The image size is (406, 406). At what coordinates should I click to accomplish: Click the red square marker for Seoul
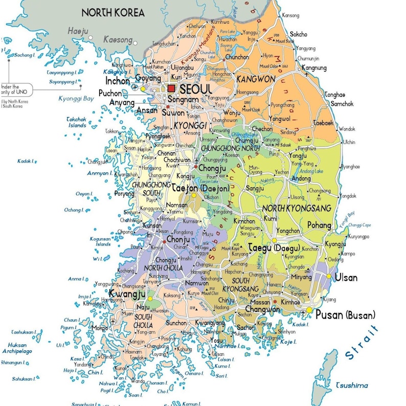tap(171, 88)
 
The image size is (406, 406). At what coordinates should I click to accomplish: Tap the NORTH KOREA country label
tap(113, 12)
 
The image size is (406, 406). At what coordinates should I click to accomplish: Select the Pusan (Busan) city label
tap(345, 314)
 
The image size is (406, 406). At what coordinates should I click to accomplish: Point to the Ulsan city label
tap(346, 278)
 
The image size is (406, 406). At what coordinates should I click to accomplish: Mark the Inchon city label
tap(117, 81)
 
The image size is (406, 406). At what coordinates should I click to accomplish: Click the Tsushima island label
tap(352, 385)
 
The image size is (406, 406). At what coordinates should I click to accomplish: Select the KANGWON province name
tap(256, 79)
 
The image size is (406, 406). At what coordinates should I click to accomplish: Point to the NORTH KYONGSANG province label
tap(297, 209)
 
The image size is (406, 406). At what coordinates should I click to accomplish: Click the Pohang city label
tap(319, 225)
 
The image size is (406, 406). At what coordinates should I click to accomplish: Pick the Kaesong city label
tap(118, 39)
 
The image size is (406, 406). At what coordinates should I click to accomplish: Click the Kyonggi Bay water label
tap(76, 98)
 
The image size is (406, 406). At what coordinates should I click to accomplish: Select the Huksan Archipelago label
tap(18, 348)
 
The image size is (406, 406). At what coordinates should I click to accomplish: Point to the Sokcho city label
tap(299, 34)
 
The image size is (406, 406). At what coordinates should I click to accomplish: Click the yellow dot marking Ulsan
tap(328, 276)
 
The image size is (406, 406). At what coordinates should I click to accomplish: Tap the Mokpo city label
tap(100, 327)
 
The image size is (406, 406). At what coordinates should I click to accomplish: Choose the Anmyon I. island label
tap(99, 173)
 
